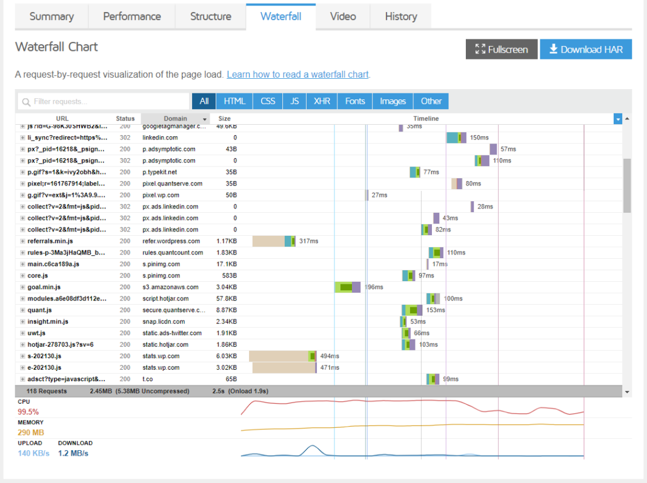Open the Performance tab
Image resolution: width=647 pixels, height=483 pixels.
click(131, 16)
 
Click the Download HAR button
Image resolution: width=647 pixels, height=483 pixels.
click(585, 50)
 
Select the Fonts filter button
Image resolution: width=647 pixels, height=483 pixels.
click(355, 101)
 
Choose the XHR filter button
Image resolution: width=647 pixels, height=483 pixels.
click(322, 101)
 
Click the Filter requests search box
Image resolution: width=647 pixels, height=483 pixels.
click(104, 101)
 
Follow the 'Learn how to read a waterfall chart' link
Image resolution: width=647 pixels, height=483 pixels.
click(297, 75)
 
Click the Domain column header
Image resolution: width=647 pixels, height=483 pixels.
click(175, 119)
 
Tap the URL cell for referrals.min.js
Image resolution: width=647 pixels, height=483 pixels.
click(50, 241)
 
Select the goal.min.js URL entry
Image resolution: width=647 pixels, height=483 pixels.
click(44, 287)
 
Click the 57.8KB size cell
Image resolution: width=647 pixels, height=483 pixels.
click(227, 299)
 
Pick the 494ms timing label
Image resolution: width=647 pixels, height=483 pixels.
click(329, 356)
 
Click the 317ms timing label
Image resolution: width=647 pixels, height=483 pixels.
click(308, 241)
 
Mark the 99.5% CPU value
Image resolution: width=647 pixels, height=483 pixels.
click(28, 411)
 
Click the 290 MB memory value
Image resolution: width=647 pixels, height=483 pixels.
click(31, 433)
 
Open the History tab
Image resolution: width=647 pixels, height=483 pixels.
click(400, 16)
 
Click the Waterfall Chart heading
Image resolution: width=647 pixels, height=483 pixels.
click(56, 47)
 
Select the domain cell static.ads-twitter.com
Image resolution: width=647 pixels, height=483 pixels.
click(172, 333)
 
